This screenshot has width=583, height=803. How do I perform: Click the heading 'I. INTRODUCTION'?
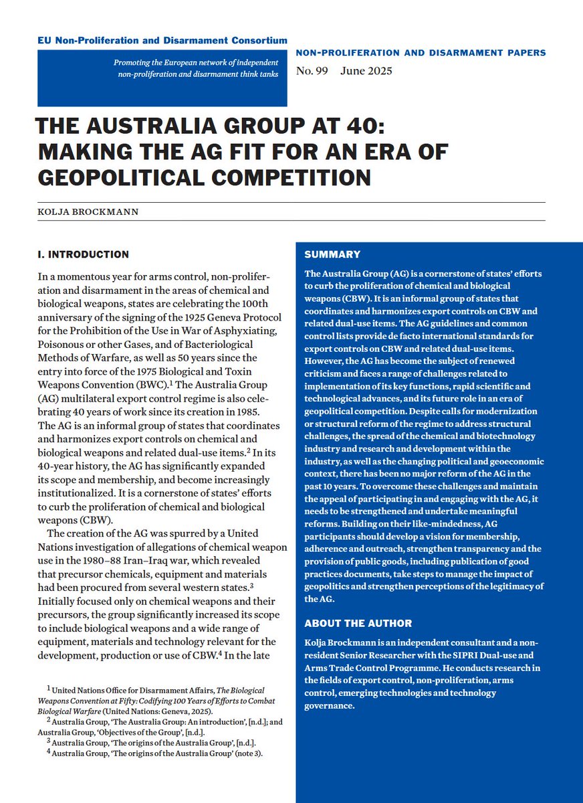pyautogui.click(x=83, y=255)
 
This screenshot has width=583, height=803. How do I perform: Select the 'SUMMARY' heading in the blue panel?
pyautogui.click(x=332, y=255)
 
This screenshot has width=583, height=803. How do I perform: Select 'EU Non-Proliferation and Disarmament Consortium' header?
pyautogui.click(x=162, y=41)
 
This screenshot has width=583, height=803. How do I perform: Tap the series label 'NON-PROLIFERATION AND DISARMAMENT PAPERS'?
pyautogui.click(x=420, y=53)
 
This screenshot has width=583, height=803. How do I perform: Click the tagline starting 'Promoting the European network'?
pyautogui.click(x=199, y=69)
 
